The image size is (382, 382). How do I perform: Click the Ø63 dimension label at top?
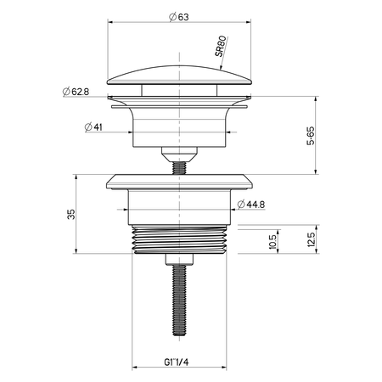pyautogui.click(x=179, y=17)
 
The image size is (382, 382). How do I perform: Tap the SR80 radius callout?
pyautogui.click(x=221, y=46)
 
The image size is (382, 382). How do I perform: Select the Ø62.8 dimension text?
pyautogui.click(x=76, y=92)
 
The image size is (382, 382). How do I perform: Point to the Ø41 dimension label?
pyautogui.click(x=93, y=127)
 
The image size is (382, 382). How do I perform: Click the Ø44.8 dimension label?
pyautogui.click(x=251, y=204)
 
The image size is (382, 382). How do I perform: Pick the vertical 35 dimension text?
pyautogui.click(x=71, y=214)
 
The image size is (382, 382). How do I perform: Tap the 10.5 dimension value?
pyautogui.click(x=272, y=242)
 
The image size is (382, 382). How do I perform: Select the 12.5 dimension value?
pyautogui.click(x=311, y=239)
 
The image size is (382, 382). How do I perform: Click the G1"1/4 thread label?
pyautogui.click(x=176, y=362)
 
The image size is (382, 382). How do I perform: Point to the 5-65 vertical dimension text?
pyautogui.click(x=311, y=136)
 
